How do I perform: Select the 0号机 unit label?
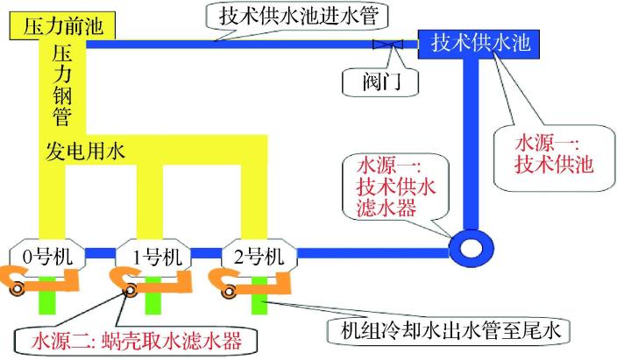pos(47,257)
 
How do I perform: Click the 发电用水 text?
pos(85,150)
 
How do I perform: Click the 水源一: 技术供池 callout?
pos(552,154)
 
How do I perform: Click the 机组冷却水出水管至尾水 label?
pos(448,332)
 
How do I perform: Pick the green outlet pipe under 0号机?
pos(48,298)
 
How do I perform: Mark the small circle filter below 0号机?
pos(16,290)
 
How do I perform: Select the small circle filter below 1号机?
pos(130,292)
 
